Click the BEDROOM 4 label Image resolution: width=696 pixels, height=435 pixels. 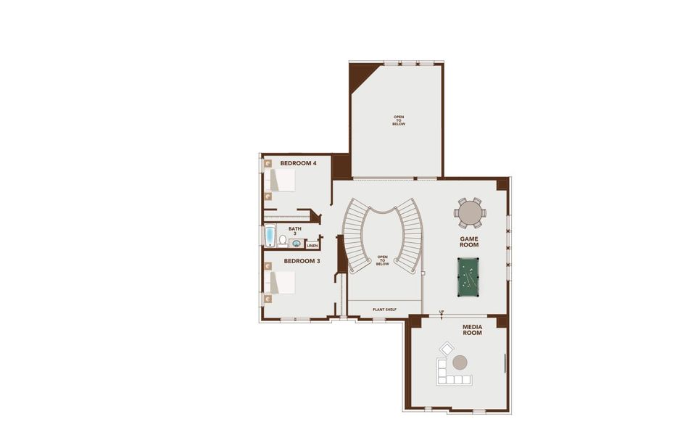point(298,163)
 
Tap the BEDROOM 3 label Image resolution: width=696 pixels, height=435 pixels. point(302,260)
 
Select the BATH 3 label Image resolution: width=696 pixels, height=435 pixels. point(295,231)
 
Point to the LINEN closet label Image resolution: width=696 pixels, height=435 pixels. point(312,245)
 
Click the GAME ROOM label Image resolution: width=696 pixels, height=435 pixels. point(469,241)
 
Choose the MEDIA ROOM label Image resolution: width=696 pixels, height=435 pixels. point(473,330)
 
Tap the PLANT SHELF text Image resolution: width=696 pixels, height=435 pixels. point(384,310)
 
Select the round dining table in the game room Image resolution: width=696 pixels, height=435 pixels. point(470,212)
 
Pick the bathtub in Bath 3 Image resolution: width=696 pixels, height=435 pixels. point(270,236)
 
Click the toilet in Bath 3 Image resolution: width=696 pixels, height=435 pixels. point(282,239)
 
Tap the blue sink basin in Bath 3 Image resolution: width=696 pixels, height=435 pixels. point(297,244)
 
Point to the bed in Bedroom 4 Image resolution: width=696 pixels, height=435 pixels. point(282,181)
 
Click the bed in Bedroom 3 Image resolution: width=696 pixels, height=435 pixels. point(282,282)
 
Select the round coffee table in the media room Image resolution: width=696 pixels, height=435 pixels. point(460,362)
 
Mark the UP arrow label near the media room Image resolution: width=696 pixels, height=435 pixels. point(441,313)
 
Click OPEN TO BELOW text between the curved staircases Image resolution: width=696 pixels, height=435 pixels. point(382,260)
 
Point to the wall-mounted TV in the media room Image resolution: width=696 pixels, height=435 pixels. point(505,362)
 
